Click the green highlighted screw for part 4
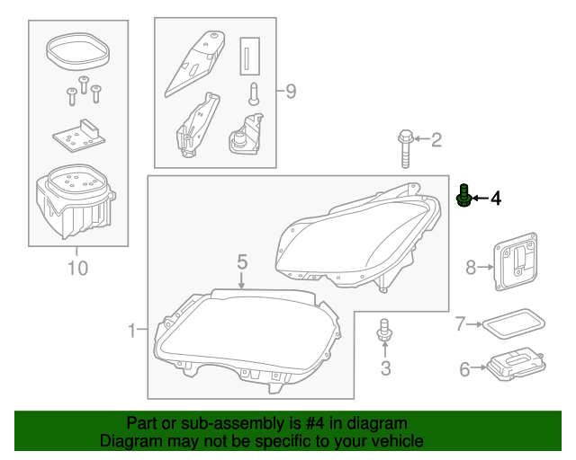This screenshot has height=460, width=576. (x=464, y=197)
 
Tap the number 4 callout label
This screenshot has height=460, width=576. (x=495, y=199)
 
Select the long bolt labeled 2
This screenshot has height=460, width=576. (x=405, y=149)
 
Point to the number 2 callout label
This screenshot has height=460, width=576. (x=436, y=139)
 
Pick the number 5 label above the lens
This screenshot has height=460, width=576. (x=242, y=261)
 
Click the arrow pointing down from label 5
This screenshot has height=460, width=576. (x=242, y=282)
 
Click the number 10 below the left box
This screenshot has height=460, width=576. (x=77, y=268)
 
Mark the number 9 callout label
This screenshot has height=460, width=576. (x=291, y=92)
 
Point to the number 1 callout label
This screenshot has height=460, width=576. (x=131, y=332)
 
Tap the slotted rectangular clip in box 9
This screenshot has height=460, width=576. (x=249, y=56)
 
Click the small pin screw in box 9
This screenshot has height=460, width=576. (x=255, y=93)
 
